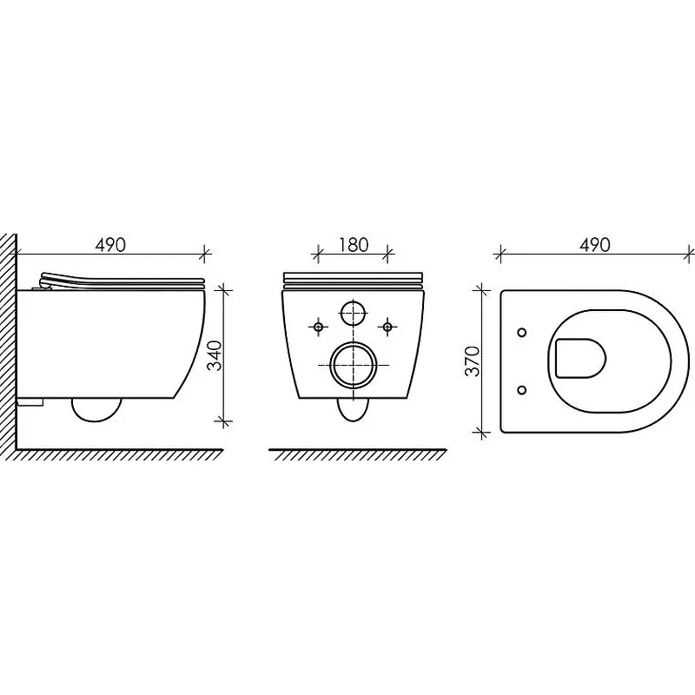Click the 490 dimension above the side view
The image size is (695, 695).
click(110, 245)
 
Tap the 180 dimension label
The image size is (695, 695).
click(354, 245)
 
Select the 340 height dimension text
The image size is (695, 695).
click(215, 355)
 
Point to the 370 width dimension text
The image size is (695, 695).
click(473, 361)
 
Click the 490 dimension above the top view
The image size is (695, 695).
click(595, 245)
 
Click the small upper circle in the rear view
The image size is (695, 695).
click(354, 313)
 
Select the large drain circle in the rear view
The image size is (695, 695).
click(354, 365)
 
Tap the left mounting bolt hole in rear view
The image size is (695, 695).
click(318, 328)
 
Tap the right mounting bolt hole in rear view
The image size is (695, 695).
click(387, 328)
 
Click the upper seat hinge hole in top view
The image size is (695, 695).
click(522, 332)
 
